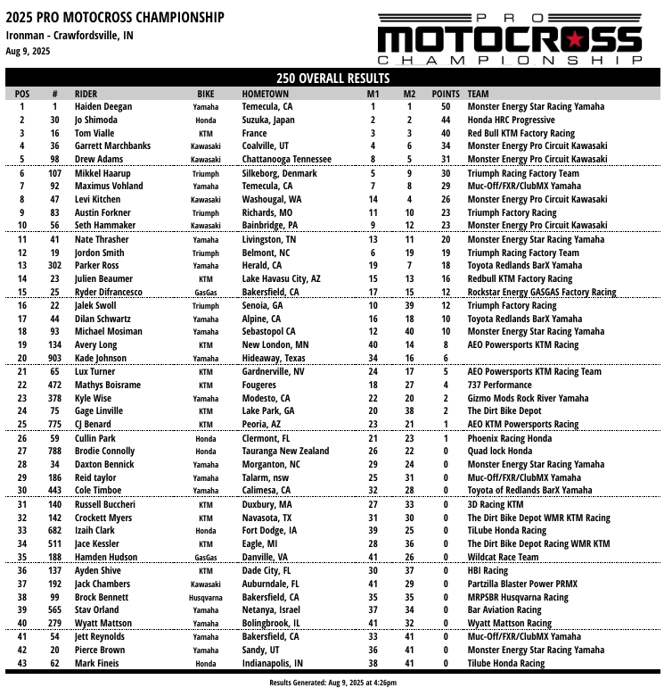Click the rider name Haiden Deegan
click(x=103, y=107)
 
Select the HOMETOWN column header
click(x=265, y=94)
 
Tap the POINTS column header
click(x=446, y=94)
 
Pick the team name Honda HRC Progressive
click(x=511, y=120)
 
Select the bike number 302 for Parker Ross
click(x=55, y=265)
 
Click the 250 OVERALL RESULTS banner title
click(x=332, y=79)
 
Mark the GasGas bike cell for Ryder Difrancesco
click(x=206, y=292)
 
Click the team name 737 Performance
click(x=499, y=385)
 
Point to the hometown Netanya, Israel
click(x=270, y=609)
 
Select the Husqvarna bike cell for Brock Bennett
click(x=206, y=597)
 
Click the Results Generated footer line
click(x=332, y=682)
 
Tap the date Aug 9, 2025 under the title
click(x=28, y=51)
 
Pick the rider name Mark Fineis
click(x=97, y=663)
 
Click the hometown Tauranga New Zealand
click(x=284, y=451)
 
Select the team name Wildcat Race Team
click(x=503, y=557)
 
